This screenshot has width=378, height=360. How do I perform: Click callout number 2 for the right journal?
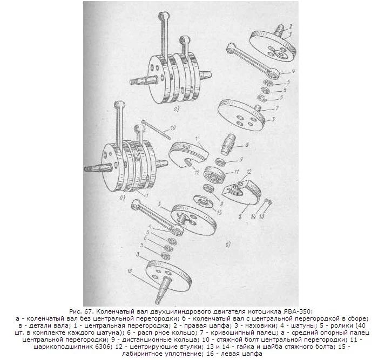point(291,26)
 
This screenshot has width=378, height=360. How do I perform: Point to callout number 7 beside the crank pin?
point(277,108)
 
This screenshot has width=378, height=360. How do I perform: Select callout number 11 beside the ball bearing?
point(236,172)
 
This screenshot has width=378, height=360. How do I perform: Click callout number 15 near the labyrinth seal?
point(219,213)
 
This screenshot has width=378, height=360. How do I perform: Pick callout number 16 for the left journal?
point(130,271)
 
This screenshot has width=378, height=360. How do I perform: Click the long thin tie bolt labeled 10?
point(157,130)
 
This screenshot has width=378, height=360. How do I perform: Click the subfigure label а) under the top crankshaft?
point(176,110)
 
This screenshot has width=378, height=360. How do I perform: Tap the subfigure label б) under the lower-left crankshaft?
point(123,198)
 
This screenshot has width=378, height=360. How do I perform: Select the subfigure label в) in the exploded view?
point(228,244)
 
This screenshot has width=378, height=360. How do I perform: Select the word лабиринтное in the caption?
point(137,354)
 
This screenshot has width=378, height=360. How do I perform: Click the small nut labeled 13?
point(270,202)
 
